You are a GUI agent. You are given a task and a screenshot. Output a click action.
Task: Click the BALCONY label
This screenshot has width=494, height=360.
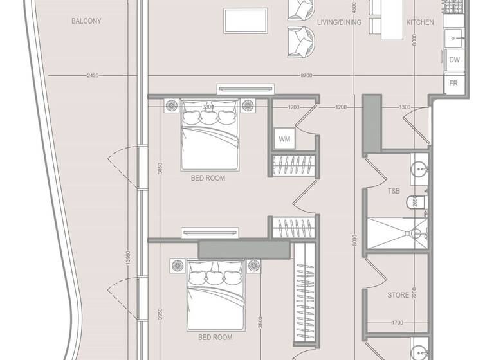tap(86, 21)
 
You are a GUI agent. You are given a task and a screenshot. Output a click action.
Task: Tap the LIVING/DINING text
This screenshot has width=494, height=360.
tap(339, 22)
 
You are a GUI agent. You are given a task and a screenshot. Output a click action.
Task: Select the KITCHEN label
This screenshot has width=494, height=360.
tap(419, 22)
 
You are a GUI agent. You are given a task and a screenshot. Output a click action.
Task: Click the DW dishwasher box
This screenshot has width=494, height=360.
tap(454, 60)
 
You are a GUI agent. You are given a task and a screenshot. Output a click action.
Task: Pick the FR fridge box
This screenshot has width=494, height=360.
tap(453, 84)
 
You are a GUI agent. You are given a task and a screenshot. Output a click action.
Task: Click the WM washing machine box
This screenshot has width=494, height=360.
tap(284, 138)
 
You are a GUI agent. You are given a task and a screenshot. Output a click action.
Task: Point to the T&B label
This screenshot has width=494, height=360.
tap(394, 191)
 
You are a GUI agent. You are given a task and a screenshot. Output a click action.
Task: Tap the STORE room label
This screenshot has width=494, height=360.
tap(398, 296)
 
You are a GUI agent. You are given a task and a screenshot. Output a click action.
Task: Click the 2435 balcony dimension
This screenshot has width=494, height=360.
tap(92, 76)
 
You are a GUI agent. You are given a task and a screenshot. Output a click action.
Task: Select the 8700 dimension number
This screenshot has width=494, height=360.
tap(306, 76)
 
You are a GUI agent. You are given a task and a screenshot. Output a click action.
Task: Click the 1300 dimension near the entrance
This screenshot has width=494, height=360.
tap(405, 107)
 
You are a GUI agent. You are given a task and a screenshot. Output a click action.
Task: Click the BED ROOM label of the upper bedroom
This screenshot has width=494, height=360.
tap(208, 178)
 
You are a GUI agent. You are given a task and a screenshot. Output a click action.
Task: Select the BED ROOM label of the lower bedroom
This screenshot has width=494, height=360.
tap(215, 337)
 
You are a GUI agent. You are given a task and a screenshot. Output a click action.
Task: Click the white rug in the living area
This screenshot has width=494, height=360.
tap(246, 20)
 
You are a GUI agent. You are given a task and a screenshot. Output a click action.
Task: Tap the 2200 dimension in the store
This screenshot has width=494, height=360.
tap(416, 296)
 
